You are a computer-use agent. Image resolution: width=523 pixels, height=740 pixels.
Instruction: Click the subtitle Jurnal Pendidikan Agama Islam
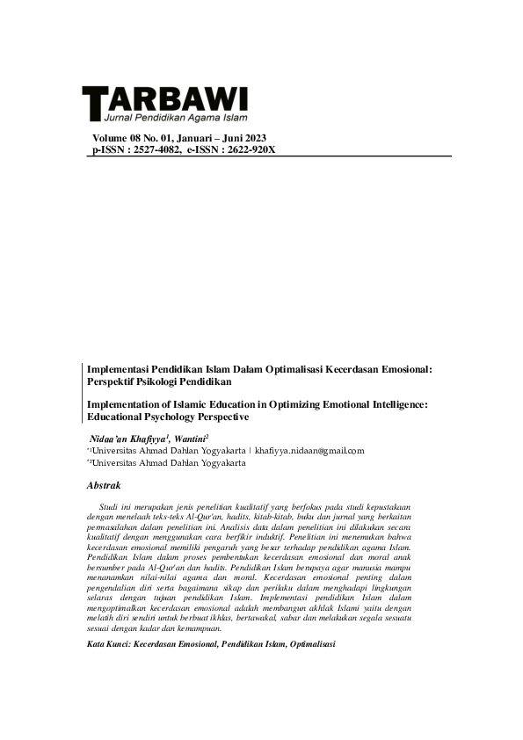[x=175, y=117]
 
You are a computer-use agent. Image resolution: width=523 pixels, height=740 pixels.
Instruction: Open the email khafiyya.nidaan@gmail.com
[x=309, y=451]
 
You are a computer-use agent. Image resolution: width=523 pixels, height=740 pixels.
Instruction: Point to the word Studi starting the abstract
[x=110, y=507]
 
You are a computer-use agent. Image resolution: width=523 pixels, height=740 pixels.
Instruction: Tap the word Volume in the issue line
[x=112, y=138]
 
